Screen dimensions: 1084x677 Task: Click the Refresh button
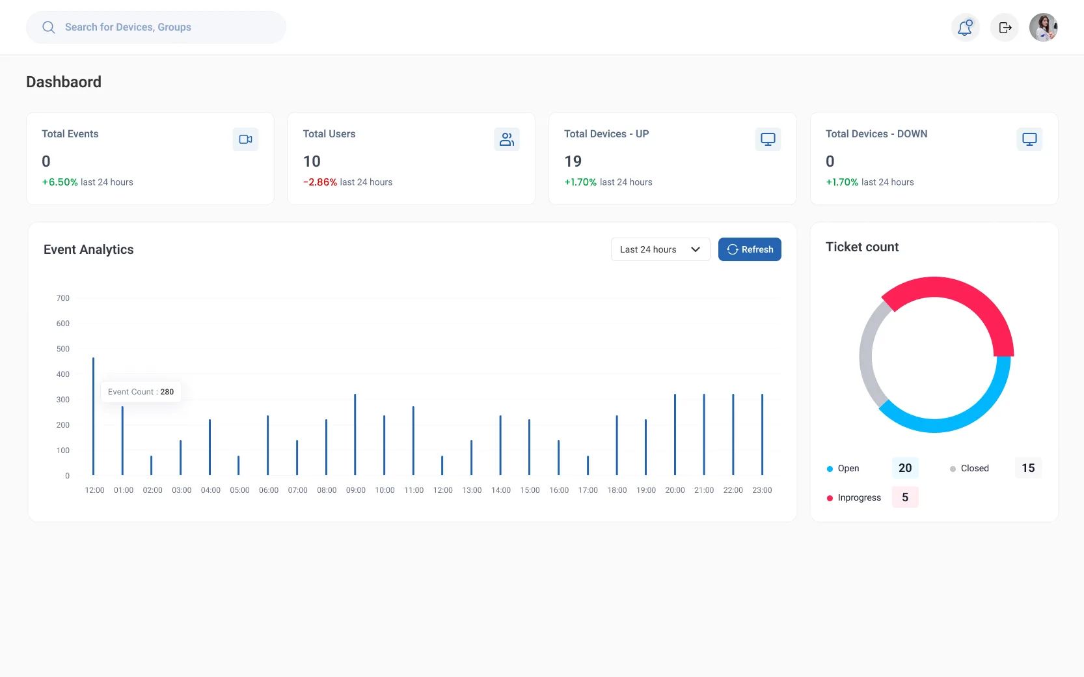coord(750,249)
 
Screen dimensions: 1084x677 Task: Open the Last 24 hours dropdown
coord(660,249)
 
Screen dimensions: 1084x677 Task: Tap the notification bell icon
coord(966,27)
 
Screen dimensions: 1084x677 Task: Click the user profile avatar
coord(1044,27)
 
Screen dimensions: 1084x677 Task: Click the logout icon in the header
coord(1005,27)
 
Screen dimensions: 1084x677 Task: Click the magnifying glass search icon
coord(48,27)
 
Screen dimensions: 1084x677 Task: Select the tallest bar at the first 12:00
coord(94,416)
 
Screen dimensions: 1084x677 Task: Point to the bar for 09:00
coord(355,434)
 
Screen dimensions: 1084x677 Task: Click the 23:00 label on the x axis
coord(762,490)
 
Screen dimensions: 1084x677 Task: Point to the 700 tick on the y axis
coord(63,298)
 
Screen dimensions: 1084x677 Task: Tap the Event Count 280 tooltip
coord(141,392)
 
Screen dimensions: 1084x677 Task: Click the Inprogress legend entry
coord(854,498)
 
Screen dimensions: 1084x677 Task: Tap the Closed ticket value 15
coord(1028,468)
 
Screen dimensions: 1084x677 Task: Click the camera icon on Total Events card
coord(245,139)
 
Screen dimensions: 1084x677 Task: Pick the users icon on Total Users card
coord(507,139)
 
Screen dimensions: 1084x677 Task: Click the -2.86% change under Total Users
coord(320,182)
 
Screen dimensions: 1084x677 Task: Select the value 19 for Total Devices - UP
coord(573,161)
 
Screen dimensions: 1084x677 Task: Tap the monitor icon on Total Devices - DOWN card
coord(1029,139)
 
